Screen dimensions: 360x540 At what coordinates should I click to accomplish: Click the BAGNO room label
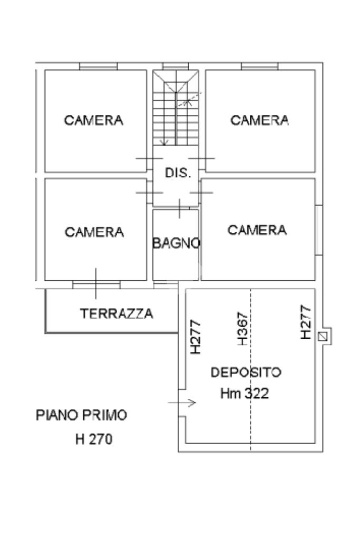tap(176, 243)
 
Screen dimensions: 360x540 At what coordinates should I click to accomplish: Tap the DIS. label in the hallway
tap(178, 173)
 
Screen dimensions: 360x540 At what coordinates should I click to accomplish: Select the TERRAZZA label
tap(116, 313)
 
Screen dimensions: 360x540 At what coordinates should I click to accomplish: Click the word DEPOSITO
tap(246, 372)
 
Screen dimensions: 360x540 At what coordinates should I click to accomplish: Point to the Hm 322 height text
tap(245, 394)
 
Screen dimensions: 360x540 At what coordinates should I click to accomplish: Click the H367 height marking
tap(242, 329)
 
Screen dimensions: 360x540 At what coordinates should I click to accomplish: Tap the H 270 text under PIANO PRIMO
tap(94, 439)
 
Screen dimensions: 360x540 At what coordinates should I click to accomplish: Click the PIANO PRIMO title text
tap(82, 415)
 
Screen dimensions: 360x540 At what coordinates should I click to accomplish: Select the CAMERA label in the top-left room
tap(94, 120)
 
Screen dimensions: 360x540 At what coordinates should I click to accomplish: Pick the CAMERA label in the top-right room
tap(260, 120)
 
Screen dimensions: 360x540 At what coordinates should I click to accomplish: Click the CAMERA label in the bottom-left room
tap(94, 232)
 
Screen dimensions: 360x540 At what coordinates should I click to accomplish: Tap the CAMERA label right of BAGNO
tap(257, 230)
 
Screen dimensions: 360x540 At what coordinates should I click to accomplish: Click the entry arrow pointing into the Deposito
tap(182, 402)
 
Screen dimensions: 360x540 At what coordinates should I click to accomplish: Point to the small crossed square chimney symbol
tap(323, 336)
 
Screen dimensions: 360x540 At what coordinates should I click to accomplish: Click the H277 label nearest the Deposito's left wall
tap(196, 337)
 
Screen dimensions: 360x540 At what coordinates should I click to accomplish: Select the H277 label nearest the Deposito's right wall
tap(306, 322)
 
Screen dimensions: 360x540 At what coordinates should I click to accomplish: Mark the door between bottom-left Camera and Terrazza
tap(96, 284)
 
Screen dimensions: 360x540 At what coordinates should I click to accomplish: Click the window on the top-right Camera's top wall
tap(260, 66)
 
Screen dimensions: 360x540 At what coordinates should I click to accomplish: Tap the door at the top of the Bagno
tap(180, 209)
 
